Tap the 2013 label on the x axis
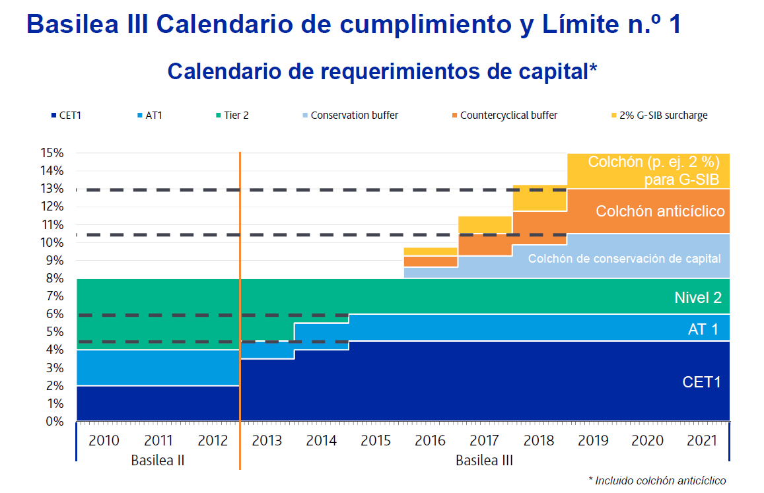pyautogui.click(x=267, y=441)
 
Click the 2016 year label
pyautogui.click(x=431, y=441)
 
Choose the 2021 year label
pyautogui.click(x=701, y=441)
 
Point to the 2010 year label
pyautogui.click(x=104, y=441)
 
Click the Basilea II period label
pyautogui.click(x=157, y=460)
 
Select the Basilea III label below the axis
pyautogui.click(x=484, y=460)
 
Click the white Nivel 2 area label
pyautogui.click(x=697, y=298)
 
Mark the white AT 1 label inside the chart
pyautogui.click(x=703, y=329)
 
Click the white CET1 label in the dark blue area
pyautogui.click(x=701, y=381)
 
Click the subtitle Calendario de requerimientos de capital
pyautogui.click(x=382, y=71)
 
